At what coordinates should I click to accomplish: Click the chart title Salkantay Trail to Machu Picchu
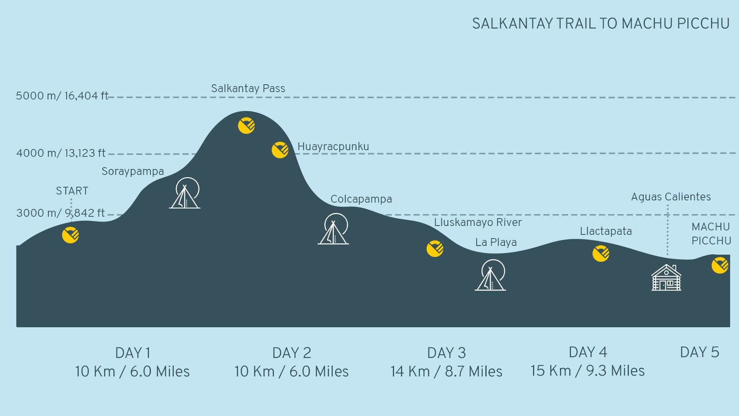[600, 24]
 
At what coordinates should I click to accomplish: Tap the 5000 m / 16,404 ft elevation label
[62, 96]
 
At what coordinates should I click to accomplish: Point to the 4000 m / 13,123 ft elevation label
[61, 153]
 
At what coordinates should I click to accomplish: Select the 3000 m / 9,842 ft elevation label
[60, 213]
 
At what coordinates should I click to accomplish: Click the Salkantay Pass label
[248, 89]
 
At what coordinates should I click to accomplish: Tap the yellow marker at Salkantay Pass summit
[246, 125]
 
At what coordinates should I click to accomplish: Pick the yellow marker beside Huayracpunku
[280, 150]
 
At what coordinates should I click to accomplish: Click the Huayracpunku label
[333, 147]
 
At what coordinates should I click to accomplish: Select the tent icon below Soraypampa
[185, 193]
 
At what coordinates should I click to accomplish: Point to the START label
[72, 191]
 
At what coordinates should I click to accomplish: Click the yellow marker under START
[70, 235]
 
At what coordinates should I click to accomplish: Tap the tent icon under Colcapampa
[334, 229]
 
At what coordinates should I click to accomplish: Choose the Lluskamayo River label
[478, 222]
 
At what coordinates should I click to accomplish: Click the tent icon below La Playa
[491, 275]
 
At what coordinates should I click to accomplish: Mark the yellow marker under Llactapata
[601, 253]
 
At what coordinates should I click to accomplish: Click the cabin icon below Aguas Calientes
[666, 277]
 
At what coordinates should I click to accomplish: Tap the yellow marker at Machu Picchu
[720, 265]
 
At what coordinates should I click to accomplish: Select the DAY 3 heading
[446, 353]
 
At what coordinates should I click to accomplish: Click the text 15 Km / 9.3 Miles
[587, 371]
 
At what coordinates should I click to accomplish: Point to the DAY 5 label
[699, 352]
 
